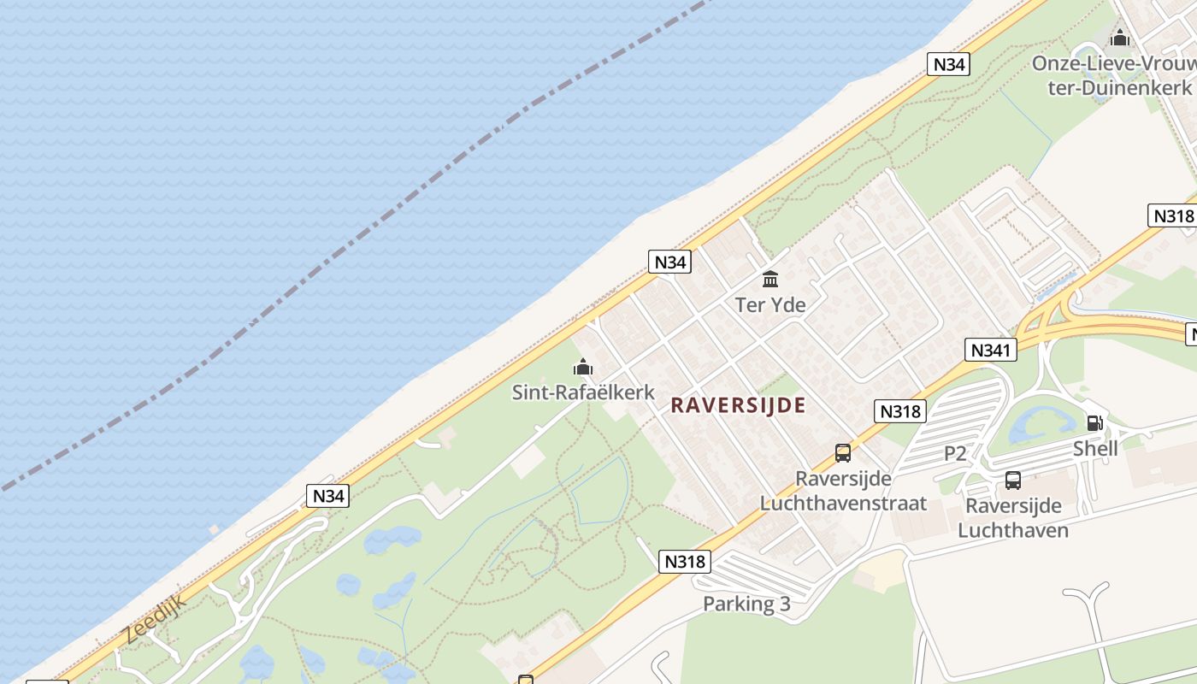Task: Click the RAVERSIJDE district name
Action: (738, 404)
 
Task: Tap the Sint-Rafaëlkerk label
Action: (583, 392)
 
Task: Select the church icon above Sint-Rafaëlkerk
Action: (583, 368)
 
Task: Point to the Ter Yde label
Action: (770, 304)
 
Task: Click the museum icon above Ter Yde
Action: (770, 279)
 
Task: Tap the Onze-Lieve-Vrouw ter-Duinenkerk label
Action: (1111, 75)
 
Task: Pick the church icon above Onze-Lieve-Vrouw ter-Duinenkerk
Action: (1119, 38)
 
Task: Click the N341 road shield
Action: (992, 349)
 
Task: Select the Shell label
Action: (1095, 448)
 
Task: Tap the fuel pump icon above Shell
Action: (1094, 422)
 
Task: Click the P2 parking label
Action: (955, 453)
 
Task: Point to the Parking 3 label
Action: (746, 604)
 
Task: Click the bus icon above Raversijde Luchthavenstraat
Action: (843, 453)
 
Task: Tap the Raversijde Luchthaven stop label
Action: (1013, 518)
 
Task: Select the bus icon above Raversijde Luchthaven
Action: (1013, 481)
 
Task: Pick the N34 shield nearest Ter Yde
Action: (669, 262)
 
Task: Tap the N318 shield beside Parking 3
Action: (685, 561)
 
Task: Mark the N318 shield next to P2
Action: (900, 411)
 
